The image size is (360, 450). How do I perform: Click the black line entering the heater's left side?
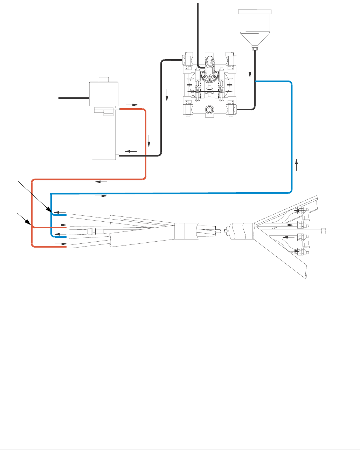tap(74, 98)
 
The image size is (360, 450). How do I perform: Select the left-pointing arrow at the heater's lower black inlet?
tap(131, 151)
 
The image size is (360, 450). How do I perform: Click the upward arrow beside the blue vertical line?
tap(297, 164)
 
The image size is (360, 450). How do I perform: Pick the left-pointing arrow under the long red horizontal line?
tap(101, 182)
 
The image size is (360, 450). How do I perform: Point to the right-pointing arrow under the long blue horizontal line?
tap(101, 196)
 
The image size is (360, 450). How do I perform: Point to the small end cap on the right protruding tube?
tap(324, 230)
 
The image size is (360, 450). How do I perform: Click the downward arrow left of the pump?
tap(167, 94)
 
